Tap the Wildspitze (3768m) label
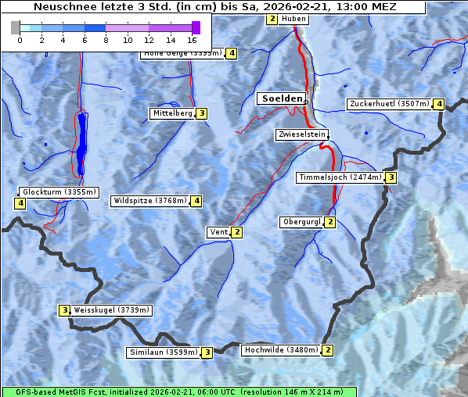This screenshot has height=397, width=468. [x=149, y=201]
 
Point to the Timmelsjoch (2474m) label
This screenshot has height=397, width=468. [x=340, y=177]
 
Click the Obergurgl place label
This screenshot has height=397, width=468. [x=301, y=223]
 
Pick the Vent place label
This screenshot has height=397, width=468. [x=218, y=232]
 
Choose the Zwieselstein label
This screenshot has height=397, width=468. [x=301, y=134]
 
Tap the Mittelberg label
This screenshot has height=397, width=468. [x=171, y=113]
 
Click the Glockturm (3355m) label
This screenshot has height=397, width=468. [x=59, y=191]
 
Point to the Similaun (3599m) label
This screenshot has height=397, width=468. [x=164, y=352]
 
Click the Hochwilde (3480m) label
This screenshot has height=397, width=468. [x=281, y=350]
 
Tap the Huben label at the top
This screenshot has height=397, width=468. [x=293, y=19]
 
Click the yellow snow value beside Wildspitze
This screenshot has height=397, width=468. [x=196, y=201]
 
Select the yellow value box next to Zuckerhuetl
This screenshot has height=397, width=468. [x=440, y=104]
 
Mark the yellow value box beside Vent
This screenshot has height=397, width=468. [x=237, y=232]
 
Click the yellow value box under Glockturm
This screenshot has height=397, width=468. [x=20, y=203]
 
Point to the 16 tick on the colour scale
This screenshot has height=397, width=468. [x=192, y=39]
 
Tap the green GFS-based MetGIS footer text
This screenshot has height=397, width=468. [x=179, y=392]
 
